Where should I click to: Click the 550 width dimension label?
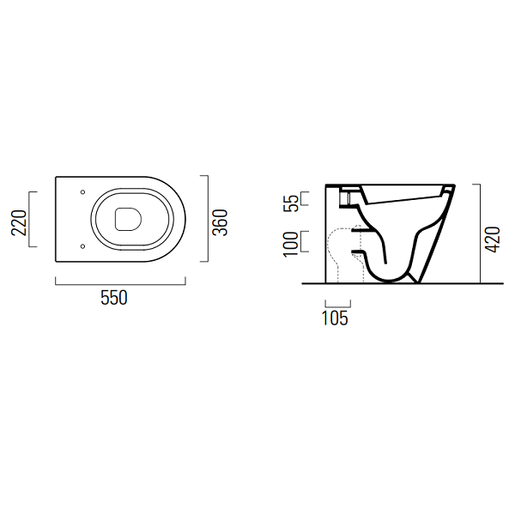[113, 298]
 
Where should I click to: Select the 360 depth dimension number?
[220, 222]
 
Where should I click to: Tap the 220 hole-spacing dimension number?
[19, 222]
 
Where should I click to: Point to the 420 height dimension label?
[493, 239]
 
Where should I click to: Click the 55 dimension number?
[291, 203]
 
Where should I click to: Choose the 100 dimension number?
[291, 244]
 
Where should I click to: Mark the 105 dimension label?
[335, 318]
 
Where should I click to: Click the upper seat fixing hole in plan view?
[82, 191]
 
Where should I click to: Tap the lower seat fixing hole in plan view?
[82, 246]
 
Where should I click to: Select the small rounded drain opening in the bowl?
[129, 219]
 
